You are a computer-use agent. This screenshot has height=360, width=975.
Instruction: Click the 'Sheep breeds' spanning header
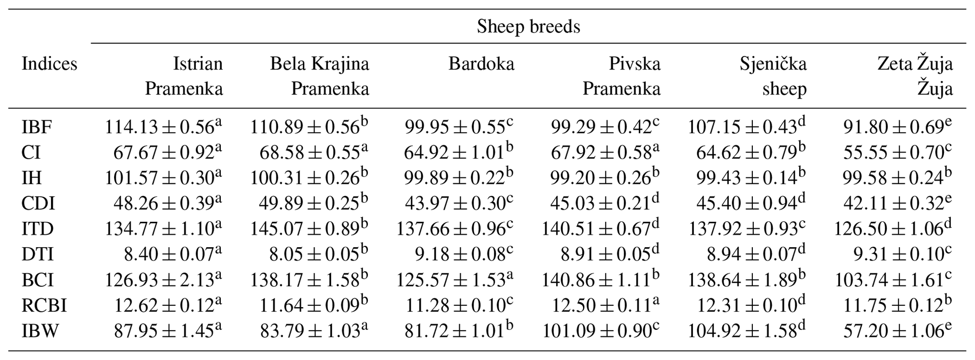(x=528, y=26)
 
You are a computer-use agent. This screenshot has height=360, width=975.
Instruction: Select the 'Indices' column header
(x=49, y=64)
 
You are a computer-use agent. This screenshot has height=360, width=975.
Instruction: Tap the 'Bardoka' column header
(x=481, y=64)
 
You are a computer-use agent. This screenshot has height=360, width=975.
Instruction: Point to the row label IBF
(x=37, y=127)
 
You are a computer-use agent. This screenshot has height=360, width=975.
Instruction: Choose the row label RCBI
(x=44, y=306)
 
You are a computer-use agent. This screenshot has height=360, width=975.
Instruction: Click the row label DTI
(x=37, y=255)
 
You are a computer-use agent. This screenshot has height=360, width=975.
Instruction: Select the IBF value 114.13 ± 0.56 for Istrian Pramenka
(x=163, y=127)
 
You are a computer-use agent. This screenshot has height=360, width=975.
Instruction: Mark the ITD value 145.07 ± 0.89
(x=309, y=229)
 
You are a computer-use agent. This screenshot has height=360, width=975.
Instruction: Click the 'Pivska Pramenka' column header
(x=621, y=76)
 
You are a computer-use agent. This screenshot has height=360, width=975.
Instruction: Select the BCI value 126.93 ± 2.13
(x=163, y=280)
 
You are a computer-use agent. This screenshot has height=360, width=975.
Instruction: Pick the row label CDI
(x=38, y=203)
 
